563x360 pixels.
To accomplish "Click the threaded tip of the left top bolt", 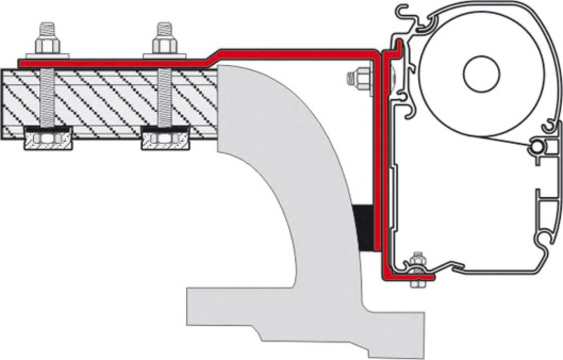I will pyautogui.click(x=44, y=28).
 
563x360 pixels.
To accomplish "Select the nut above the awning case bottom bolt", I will pyautogui.click(x=417, y=260).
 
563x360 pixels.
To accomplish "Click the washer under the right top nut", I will pyautogui.click(x=164, y=55).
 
